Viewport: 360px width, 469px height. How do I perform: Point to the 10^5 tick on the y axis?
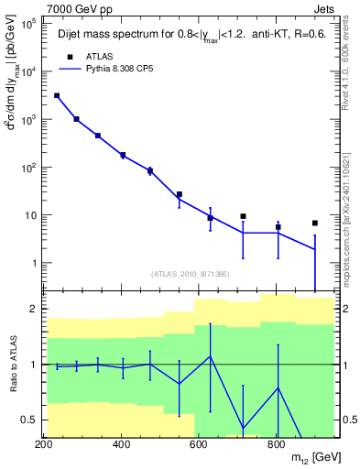pos(27,25)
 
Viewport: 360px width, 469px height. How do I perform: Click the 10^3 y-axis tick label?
pos(27,120)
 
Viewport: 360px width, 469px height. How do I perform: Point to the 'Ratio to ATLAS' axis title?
pos(11,365)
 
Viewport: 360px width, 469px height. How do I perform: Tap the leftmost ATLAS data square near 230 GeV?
pos(57,95)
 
